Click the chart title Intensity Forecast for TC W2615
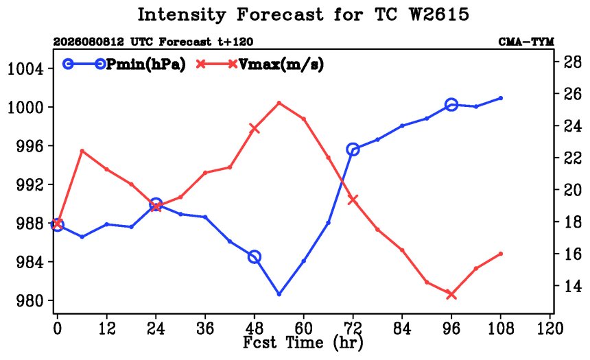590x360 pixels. coord(303,15)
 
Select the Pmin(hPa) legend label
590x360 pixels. coord(146,64)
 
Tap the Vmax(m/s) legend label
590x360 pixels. coord(281,64)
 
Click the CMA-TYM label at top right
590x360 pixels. coord(526,42)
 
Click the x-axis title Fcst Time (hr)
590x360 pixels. coord(303,342)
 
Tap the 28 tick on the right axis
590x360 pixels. coord(572,61)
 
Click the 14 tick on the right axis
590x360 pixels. coord(572,286)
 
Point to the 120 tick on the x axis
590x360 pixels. coord(550,328)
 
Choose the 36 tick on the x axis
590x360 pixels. coord(205,328)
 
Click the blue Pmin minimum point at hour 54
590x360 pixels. coord(279,294)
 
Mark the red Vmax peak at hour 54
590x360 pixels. coord(279,103)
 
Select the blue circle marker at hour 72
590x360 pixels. coord(353,149)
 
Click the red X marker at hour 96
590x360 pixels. coord(451,295)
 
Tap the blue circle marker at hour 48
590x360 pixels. coord(255,257)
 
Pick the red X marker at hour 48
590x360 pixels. coord(255,129)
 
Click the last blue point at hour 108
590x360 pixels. coord(500,98)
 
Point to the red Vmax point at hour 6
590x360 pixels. coord(82,151)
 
